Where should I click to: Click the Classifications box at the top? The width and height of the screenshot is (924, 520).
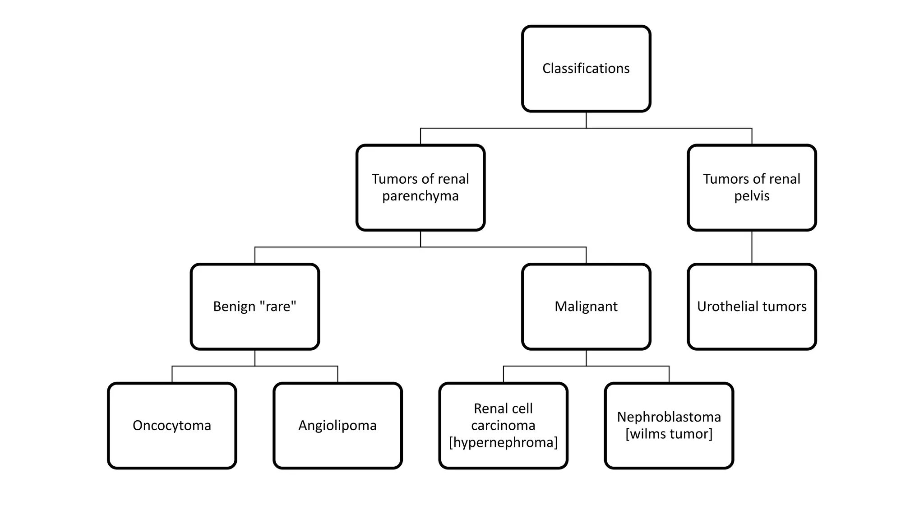[586, 69]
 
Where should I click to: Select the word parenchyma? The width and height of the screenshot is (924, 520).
[420, 196]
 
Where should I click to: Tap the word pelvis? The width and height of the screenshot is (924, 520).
[752, 196]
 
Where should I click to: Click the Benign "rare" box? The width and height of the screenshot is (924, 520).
[254, 306]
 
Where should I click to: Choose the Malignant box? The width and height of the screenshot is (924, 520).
[586, 306]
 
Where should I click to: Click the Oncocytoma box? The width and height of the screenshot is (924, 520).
[171, 426]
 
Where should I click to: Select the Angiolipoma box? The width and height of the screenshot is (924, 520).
[337, 426]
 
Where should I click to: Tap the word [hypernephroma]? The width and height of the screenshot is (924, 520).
[503, 442]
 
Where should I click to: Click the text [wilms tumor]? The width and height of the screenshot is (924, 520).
[669, 434]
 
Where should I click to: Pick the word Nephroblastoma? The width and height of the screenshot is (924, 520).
[669, 417]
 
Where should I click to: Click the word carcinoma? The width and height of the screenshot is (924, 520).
[503, 426]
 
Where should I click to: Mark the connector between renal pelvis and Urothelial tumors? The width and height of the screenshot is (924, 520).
[752, 247]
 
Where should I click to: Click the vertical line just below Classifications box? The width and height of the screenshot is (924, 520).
[586, 120]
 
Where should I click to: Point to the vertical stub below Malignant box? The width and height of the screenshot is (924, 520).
[586, 358]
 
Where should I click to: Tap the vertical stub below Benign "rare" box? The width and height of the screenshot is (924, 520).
[255, 358]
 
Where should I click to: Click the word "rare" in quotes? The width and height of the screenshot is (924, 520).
[278, 306]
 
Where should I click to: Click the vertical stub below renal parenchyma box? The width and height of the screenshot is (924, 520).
[420, 239]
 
